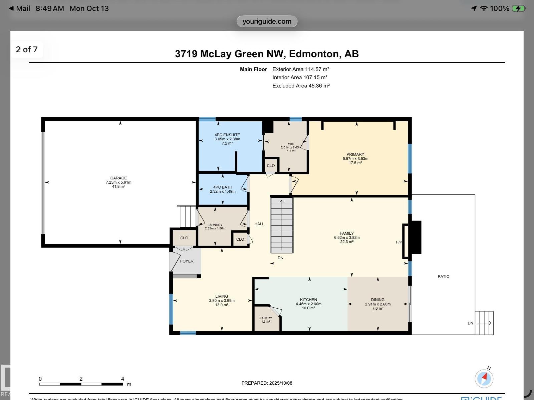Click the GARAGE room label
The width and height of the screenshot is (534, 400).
pos(118,178)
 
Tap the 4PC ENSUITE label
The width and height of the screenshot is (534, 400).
pos(227,135)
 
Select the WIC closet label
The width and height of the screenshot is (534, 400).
pos(291,144)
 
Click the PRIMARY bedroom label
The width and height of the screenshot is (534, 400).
pos(355,154)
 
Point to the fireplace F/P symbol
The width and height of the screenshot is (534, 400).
pos(399,242)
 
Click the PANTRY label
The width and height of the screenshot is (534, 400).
pos(266,318)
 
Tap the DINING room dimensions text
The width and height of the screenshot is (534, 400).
pos(377,304)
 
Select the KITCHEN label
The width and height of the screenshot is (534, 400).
pos(308,300)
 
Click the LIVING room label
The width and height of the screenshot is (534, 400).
pos(222,296)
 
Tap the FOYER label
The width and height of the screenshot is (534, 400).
pos(187,261)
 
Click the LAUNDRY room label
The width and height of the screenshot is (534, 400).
pos(215,225)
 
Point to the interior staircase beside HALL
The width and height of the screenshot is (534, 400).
pos(282,225)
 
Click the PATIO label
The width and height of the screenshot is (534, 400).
pos(444,276)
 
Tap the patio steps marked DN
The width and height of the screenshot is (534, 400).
pos(484,323)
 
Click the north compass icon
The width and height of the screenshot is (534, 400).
pos(484,378)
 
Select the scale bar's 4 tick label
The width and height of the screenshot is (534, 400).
pos(122,379)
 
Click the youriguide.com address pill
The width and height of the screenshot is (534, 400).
pos(267,21)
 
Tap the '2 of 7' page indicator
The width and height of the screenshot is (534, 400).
pos(27,49)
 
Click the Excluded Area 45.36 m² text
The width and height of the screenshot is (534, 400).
pos(301,86)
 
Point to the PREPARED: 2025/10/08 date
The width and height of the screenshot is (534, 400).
pos(267,383)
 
